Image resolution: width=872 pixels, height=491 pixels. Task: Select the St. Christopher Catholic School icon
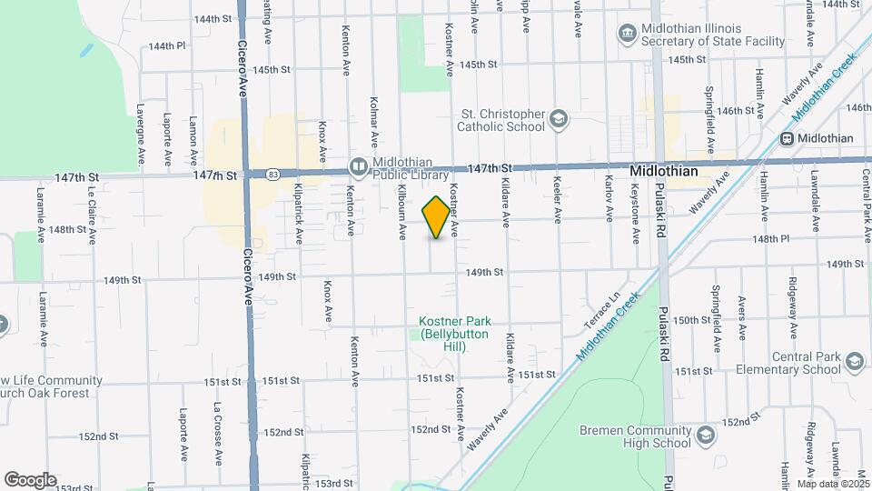coord(559,120)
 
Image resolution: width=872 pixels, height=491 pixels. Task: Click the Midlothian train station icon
coord(787,138)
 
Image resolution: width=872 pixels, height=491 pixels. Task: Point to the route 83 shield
coord(272,173)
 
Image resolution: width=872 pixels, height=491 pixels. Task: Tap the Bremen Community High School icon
coord(704,437)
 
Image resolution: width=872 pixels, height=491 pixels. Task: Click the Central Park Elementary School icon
coord(853,363)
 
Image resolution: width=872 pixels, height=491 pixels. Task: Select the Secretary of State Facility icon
coord(627,34)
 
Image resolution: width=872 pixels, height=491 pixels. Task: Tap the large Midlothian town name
coord(664,171)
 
